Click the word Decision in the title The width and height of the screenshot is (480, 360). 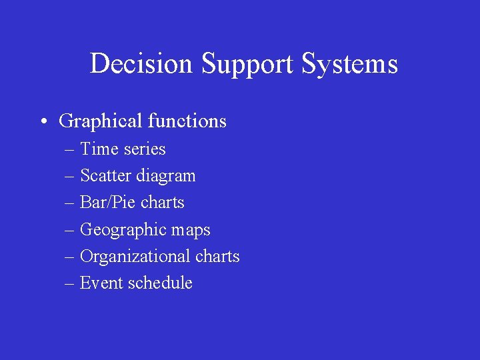(142, 64)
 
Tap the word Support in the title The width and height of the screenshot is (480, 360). (247, 64)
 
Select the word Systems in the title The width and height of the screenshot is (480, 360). (349, 64)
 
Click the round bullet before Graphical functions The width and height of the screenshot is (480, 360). (43, 122)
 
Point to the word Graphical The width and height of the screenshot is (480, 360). (101, 121)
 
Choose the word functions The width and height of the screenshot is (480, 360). (187, 121)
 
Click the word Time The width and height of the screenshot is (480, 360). (99, 149)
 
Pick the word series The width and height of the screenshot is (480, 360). (144, 149)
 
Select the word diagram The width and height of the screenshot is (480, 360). (166, 177)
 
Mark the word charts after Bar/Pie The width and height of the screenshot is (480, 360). (163, 203)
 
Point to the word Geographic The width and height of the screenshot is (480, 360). (124, 230)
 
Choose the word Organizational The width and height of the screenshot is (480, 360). (135, 257)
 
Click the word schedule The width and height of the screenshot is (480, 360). (160, 283)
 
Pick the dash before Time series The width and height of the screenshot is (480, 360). (70, 150)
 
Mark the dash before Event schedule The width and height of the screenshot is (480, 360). (70, 284)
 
